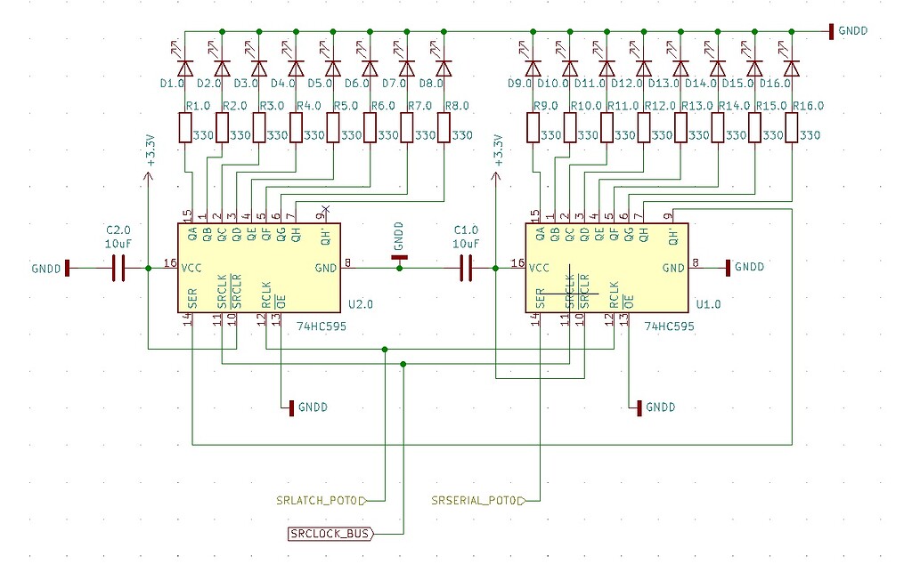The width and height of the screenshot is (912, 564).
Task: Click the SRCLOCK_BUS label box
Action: pyautogui.click(x=330, y=534)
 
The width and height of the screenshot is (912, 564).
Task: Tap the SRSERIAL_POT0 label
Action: pyautogui.click(x=477, y=500)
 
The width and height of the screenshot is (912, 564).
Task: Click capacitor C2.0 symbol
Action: pyautogui.click(x=119, y=268)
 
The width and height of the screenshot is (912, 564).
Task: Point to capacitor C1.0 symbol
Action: pyautogui.click(x=466, y=268)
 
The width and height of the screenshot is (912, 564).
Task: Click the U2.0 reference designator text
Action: pyautogui.click(x=361, y=304)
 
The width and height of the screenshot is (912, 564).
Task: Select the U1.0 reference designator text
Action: pyautogui.click(x=708, y=304)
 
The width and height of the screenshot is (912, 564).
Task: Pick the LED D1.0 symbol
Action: pyautogui.click(x=185, y=68)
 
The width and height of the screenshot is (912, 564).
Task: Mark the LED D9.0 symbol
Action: pyautogui.click(x=533, y=68)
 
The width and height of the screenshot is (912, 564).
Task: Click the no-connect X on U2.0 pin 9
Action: pyautogui.click(x=325, y=209)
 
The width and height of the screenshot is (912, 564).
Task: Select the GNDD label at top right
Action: pyautogui.click(x=851, y=31)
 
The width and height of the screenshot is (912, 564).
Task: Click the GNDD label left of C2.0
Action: pyautogui.click(x=46, y=268)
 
